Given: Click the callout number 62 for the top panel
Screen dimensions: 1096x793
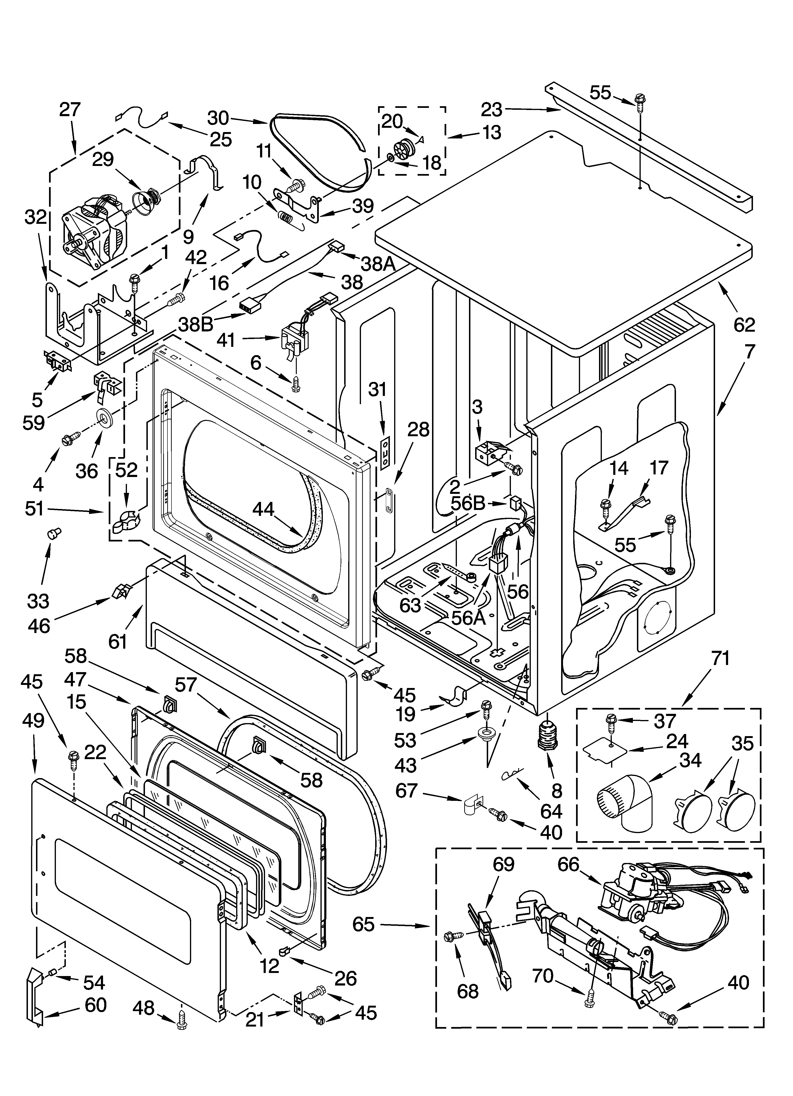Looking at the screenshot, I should (x=744, y=325).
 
